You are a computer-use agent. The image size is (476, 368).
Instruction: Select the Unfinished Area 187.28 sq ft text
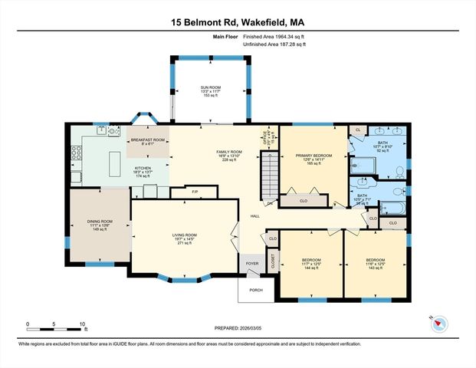click(x=274, y=44)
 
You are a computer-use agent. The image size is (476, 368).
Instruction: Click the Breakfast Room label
click(x=147, y=143)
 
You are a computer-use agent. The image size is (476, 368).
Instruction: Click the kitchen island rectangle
click(x=116, y=162)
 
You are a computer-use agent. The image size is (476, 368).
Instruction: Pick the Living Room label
click(x=185, y=238)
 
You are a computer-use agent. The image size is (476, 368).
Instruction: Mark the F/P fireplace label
click(x=195, y=191)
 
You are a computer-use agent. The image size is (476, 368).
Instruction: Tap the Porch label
click(x=254, y=289)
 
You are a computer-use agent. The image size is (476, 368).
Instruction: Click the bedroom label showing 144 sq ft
click(x=310, y=264)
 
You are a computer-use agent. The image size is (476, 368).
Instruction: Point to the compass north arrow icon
click(x=438, y=322)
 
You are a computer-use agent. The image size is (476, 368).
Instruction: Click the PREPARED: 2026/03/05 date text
click(x=238, y=328)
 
